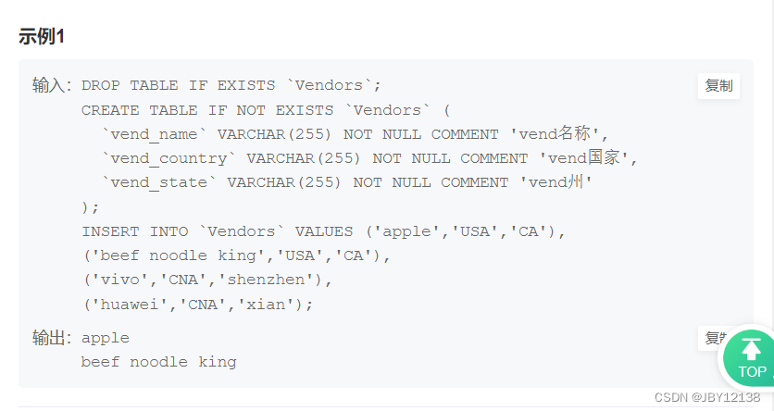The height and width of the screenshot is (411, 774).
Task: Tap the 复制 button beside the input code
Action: [718, 86]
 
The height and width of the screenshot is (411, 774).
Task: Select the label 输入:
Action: [52, 86]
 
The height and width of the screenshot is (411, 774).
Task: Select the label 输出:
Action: [52, 338]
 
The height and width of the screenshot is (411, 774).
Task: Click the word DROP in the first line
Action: [100, 86]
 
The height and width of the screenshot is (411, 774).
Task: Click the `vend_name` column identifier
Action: [154, 134]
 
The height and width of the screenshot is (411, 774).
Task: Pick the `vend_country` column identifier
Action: [169, 158]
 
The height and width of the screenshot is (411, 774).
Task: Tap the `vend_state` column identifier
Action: [158, 182]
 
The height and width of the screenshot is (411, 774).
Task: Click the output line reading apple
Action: [105, 338]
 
